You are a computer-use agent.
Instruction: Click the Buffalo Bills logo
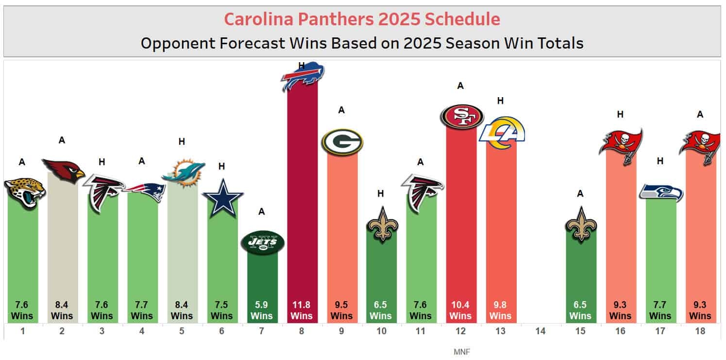[x=303, y=76]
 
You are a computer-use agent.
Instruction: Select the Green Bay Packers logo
[x=342, y=142]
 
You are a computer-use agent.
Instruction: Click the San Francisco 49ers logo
[x=461, y=116]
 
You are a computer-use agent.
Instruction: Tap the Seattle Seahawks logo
[x=660, y=193]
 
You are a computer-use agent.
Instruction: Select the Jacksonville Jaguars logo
[x=23, y=192]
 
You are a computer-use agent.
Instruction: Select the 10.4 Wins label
[x=461, y=310]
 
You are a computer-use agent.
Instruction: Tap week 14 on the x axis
[x=540, y=331]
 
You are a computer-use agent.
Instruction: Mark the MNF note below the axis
[x=461, y=351]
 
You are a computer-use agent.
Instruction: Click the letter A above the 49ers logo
[x=461, y=86]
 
